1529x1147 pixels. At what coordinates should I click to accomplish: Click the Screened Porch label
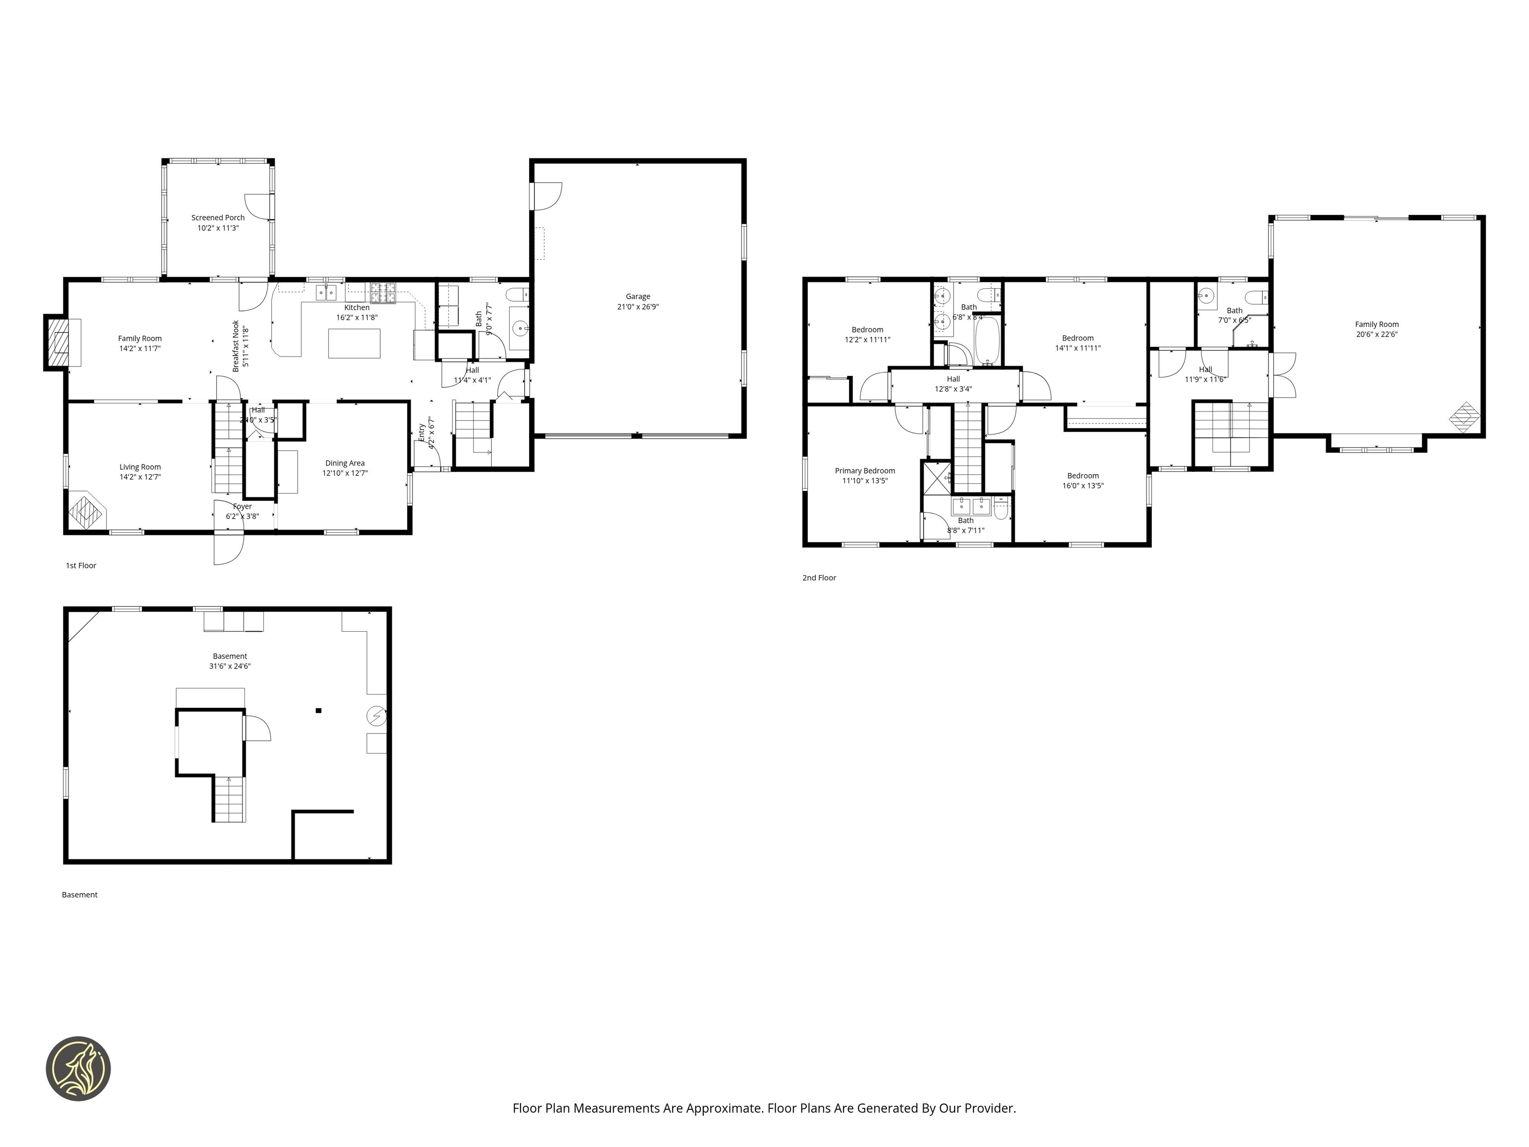pos(218,218)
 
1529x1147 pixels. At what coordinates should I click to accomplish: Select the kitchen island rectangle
pos(354,343)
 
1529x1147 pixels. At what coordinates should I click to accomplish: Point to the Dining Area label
pos(345,463)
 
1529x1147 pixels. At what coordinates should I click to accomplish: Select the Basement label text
pos(229,656)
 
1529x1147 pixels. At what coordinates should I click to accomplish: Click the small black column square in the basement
pos(319,710)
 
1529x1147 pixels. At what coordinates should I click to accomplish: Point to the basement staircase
pos(229,799)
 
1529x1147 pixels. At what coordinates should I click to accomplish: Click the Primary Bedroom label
pos(865,471)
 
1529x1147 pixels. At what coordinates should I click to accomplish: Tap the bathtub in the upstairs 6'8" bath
pos(987,341)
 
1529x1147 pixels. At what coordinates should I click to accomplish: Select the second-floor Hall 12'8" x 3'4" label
pos(953,384)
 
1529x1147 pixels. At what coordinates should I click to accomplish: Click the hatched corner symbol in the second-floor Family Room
pos(1464,418)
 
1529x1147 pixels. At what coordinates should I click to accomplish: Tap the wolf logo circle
pos(78,1068)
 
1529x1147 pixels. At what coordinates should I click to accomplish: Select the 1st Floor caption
pos(81,566)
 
